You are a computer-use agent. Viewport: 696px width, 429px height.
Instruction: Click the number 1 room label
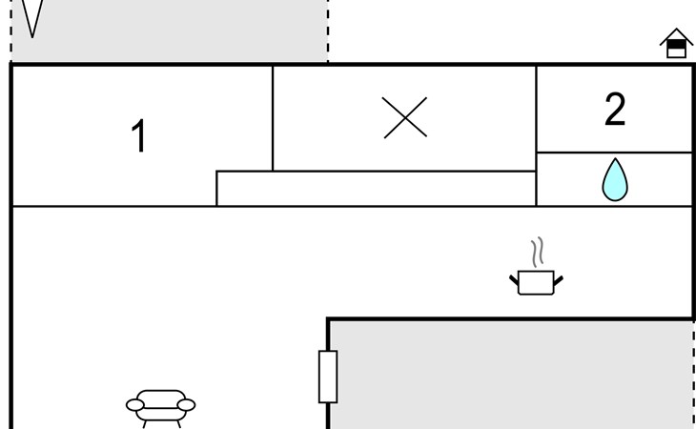coord(139,137)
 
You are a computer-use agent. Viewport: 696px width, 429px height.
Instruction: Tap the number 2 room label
coord(615,111)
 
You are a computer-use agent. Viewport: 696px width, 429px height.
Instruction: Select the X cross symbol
coord(405,118)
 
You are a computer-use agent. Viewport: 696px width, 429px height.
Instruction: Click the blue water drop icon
coord(615,180)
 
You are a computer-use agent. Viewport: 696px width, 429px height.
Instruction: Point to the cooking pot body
coord(537,282)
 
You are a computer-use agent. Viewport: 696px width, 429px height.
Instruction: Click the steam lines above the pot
coord(539,252)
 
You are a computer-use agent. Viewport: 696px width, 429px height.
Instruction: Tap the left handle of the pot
coord(516,278)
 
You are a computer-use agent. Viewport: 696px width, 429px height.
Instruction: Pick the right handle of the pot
coord(558,278)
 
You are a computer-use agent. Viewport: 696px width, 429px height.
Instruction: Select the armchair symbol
coord(160,405)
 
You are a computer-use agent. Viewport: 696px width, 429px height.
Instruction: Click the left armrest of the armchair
coord(135,405)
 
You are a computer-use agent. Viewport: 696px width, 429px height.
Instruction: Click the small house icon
coord(676,44)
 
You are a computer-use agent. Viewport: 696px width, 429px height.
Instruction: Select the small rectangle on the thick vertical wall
coord(328,377)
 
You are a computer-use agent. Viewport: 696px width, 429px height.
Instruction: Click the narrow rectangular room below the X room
coord(376,189)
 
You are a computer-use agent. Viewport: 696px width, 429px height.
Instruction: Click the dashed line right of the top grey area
coord(328,29)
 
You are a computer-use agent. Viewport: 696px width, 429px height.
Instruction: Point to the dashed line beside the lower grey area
coord(693,377)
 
